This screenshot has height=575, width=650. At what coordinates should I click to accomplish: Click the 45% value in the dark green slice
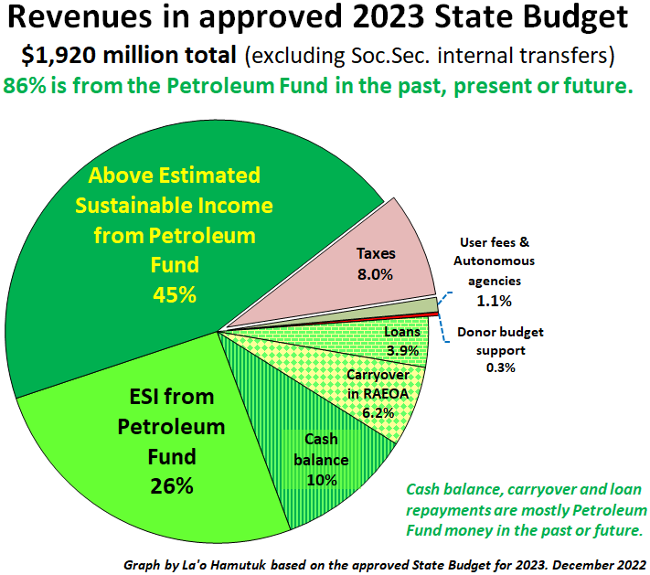tap(175, 295)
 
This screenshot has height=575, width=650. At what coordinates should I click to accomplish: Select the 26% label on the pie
tap(172, 485)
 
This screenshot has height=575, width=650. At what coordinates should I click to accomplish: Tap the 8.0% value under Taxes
tap(375, 273)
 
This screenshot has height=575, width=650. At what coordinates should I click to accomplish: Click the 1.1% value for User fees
tap(495, 300)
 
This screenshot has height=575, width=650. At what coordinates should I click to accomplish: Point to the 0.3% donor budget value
tap(501, 367)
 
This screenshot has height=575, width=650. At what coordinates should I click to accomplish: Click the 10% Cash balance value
tap(322, 479)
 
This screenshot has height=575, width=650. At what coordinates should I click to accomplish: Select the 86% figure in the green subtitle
tap(27, 87)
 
